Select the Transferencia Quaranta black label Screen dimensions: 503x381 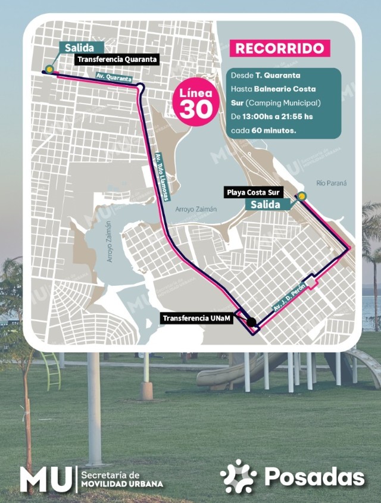117,59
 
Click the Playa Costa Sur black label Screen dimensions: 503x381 260,192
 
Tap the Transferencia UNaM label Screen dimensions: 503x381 198,318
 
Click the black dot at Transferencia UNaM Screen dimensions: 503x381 251,322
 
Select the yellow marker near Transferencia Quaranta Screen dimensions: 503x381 50,69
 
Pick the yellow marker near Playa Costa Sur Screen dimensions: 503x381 302,196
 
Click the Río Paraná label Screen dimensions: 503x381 332,183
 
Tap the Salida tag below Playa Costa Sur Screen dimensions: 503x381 266,204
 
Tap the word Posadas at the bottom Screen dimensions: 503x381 314,477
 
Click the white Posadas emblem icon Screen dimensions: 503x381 238,476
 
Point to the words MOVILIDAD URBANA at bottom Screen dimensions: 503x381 121,484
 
